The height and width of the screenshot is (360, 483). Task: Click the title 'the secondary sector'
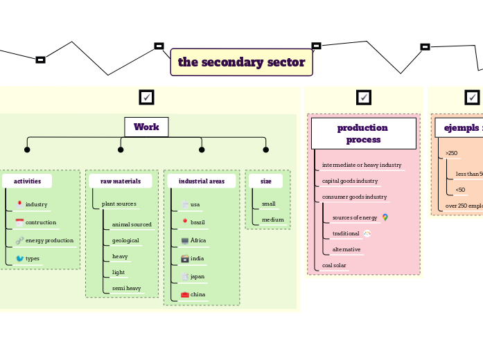241,62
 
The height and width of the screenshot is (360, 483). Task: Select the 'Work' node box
146,127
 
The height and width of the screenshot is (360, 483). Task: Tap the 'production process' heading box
363,133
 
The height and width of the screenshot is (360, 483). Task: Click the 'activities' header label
27,181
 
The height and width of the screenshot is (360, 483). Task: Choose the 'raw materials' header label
121,181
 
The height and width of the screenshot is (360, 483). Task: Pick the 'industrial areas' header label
201,181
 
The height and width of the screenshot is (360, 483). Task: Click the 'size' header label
265,181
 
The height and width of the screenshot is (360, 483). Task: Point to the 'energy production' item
49,240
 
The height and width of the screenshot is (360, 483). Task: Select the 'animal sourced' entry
132,224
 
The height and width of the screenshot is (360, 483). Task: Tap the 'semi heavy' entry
126,288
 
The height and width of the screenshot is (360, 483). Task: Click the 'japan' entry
197,276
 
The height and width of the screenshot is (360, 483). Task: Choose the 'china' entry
197,294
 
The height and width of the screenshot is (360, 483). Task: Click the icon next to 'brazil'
185,222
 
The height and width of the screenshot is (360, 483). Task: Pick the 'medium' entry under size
272,219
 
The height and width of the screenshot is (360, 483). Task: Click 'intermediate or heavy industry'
361,165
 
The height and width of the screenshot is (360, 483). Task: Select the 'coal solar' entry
334,265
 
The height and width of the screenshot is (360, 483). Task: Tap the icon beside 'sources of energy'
385,217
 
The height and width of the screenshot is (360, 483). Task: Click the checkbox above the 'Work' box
146,98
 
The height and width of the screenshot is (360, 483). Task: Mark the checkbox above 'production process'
364,98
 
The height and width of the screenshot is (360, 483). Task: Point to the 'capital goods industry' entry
350,181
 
